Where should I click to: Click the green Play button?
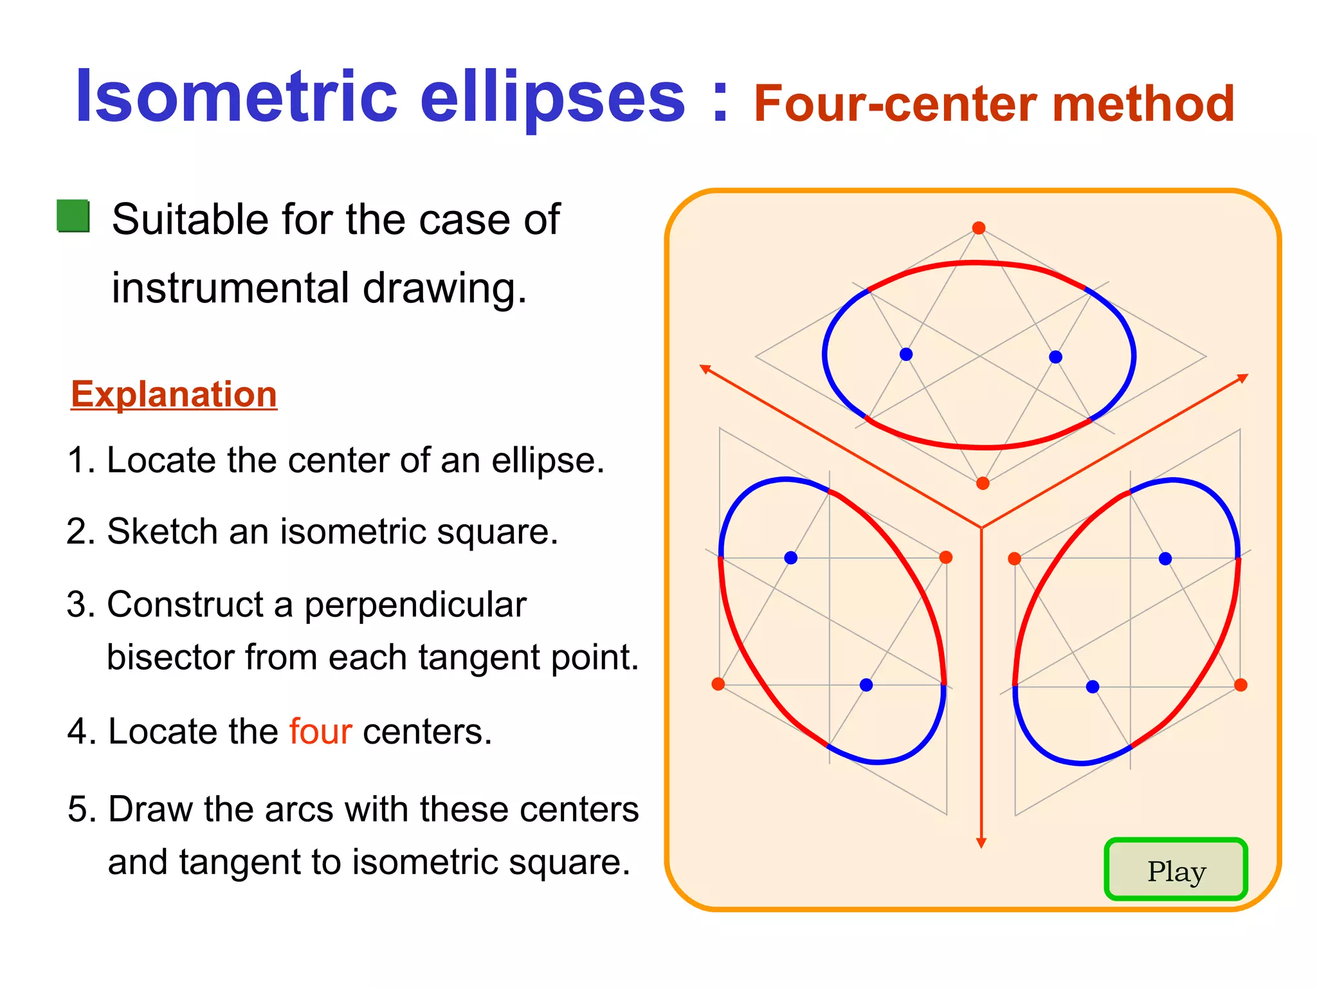coord(1176,870)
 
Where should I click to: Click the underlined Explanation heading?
coord(174,394)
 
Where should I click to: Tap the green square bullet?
coord(73,216)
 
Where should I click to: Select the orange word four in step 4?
coord(320,731)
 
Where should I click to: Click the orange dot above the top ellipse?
coord(979,228)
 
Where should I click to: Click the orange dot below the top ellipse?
coord(983,484)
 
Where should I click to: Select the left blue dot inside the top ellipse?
coord(906,354)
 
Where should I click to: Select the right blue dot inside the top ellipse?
coord(1055,357)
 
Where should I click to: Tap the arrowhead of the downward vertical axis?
coord(981,843)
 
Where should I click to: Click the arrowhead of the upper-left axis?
coord(705,369)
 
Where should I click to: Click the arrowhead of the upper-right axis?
coord(1243,378)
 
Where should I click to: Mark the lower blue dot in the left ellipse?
coord(866,685)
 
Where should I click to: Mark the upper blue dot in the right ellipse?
coord(1165,559)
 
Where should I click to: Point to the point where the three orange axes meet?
coord(981,528)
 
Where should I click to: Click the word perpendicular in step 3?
coord(415,605)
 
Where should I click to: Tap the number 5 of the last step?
coord(77,809)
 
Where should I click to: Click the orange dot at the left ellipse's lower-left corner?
coord(718,684)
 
